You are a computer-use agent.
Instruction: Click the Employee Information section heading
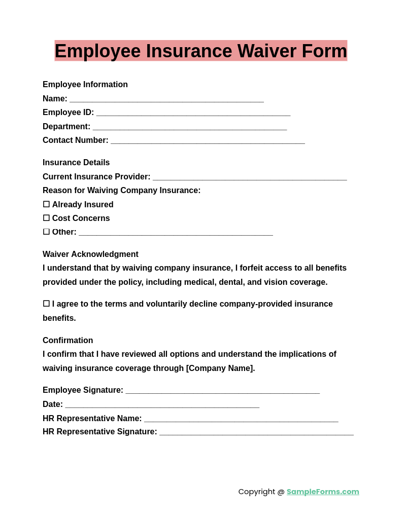click(85, 85)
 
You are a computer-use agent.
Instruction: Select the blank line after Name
click(166, 99)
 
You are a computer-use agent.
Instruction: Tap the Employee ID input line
click(193, 113)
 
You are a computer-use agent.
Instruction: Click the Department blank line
click(190, 127)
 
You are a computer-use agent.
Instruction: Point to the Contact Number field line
click(208, 141)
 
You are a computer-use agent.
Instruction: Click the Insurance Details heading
click(76, 163)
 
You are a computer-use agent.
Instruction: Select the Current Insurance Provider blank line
click(250, 177)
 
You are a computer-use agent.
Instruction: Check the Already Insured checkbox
click(46, 204)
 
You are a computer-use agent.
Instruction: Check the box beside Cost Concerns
click(46, 218)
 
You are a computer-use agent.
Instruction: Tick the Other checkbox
click(46, 232)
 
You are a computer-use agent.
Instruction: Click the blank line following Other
click(176, 233)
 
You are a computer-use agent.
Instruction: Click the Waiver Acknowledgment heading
click(90, 254)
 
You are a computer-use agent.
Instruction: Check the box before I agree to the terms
click(46, 304)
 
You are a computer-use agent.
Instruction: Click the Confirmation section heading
click(67, 341)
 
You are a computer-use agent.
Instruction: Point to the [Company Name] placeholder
click(220, 368)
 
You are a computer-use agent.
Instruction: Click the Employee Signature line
click(222, 391)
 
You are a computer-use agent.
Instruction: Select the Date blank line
click(162, 405)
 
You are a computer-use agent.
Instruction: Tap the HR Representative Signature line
click(256, 432)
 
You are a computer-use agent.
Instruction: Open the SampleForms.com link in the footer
click(323, 492)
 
